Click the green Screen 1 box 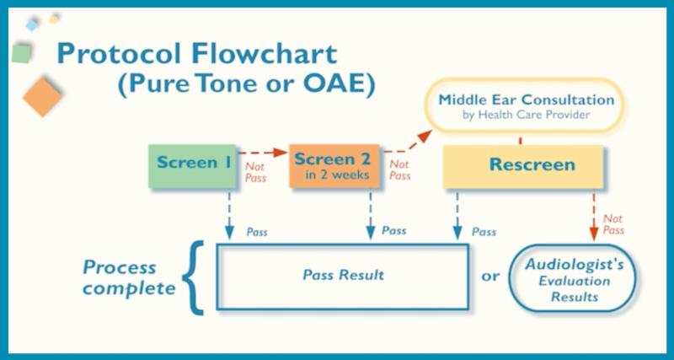[x=192, y=165]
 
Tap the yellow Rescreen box [x=522, y=165]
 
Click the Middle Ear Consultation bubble [x=526, y=105]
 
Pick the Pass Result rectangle [x=343, y=276]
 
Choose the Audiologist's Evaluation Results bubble [x=574, y=279]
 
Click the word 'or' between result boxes [x=489, y=276]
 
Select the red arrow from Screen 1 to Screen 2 [x=261, y=153]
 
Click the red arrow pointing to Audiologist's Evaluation [x=594, y=214]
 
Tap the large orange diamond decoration [x=42, y=95]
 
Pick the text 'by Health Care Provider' [x=526, y=115]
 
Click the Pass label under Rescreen [x=484, y=231]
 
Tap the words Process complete [x=126, y=277]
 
